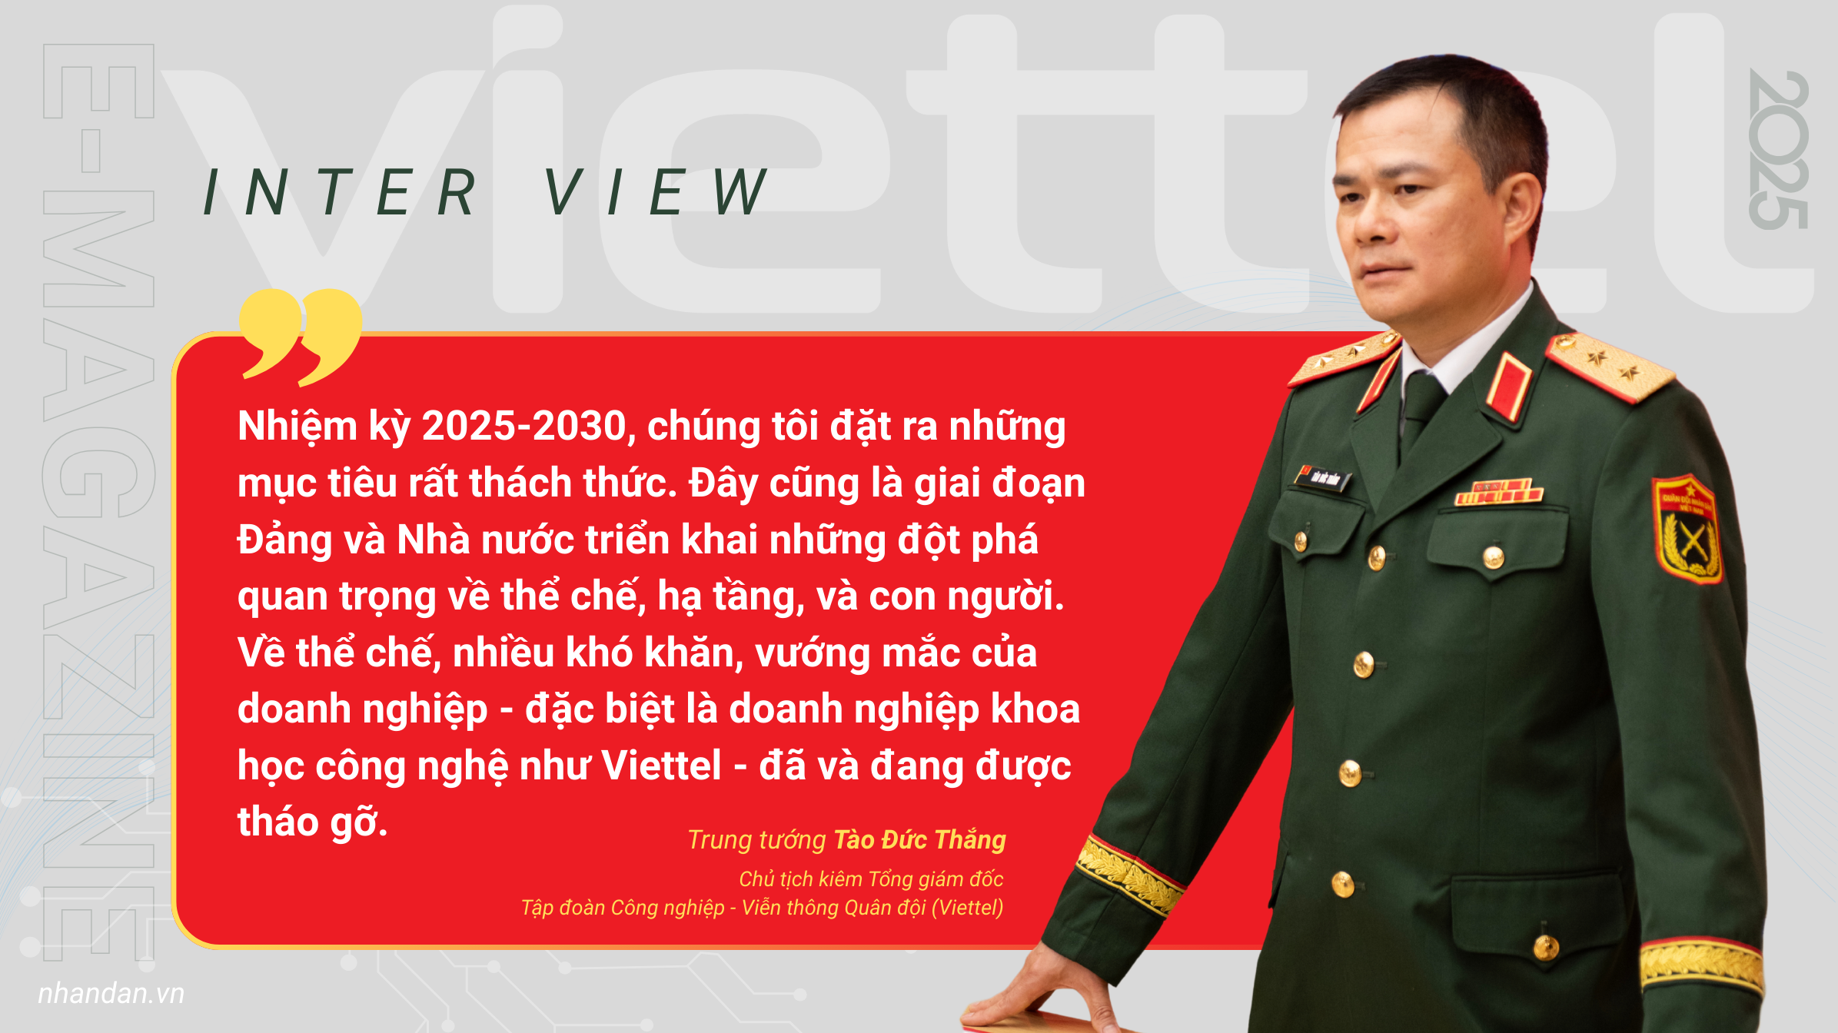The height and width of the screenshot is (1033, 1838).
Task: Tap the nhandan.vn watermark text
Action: [111, 993]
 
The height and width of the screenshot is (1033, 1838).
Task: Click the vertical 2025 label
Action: [1779, 149]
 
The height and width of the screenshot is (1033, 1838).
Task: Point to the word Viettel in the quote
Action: [662, 766]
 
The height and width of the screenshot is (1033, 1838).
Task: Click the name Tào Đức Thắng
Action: [920, 839]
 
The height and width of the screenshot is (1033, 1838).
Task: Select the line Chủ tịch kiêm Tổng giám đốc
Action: [872, 879]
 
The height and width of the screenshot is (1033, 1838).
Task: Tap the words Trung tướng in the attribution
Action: [757, 840]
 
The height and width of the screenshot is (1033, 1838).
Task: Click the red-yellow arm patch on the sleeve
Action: [1687, 528]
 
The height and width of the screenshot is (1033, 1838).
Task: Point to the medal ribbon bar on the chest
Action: [1498, 492]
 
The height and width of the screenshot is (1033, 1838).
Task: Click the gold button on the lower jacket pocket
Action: [1545, 946]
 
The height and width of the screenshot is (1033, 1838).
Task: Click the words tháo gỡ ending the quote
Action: [312, 822]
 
